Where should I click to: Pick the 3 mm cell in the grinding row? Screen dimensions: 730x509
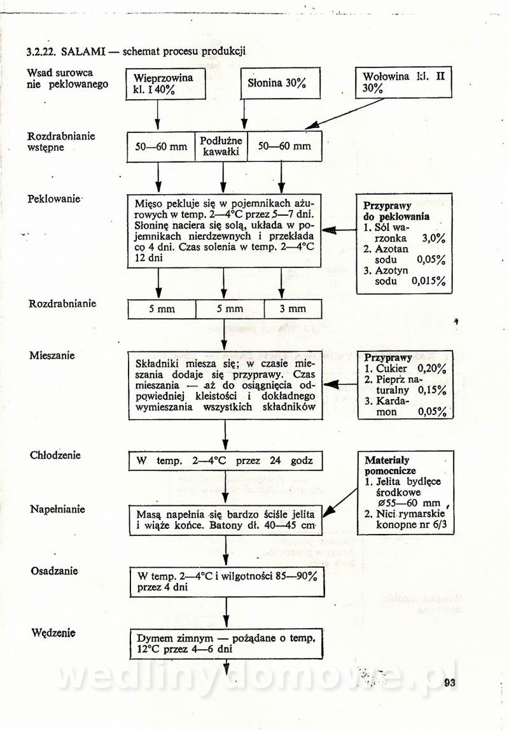293,309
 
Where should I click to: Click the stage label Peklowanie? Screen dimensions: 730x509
54,199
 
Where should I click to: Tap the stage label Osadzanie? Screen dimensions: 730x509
54,570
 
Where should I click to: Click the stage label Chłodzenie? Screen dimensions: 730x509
55,456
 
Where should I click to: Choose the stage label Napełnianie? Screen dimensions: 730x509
57,509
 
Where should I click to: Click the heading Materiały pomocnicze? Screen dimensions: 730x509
387,465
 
